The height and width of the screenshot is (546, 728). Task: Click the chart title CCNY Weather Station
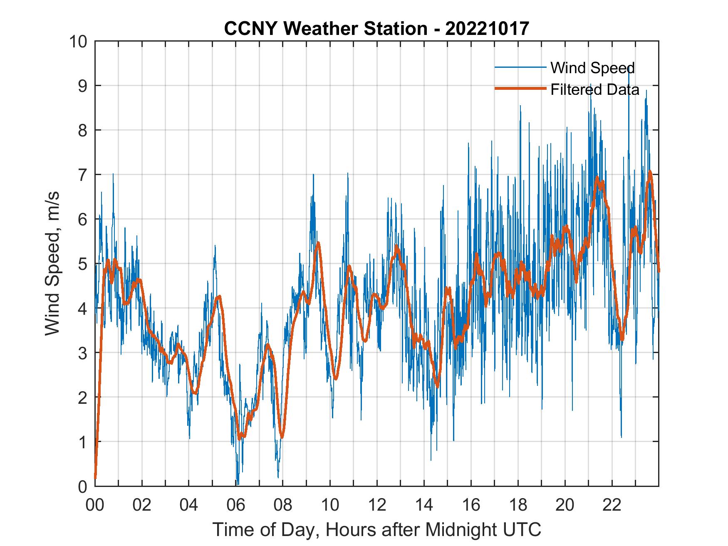(376, 29)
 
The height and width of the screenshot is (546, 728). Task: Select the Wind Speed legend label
(592, 68)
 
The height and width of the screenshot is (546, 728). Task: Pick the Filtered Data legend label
(594, 89)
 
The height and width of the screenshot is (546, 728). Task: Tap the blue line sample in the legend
(520, 67)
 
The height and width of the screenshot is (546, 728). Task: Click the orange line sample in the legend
(520, 89)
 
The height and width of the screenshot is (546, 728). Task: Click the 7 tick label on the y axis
(82, 175)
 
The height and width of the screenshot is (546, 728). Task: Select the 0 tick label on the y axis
(82, 486)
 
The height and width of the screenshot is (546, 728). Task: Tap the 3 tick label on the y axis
(82, 353)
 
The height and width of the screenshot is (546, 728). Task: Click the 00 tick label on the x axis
(95, 505)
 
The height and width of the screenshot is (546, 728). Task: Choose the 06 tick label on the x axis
(236, 505)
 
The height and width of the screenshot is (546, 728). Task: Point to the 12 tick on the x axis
(377, 505)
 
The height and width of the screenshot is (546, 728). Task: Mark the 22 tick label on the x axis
(612, 505)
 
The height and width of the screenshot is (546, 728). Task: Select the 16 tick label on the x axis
(471, 505)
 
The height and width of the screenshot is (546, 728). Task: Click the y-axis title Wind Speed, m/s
(52, 264)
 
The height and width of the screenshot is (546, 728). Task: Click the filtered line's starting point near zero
(95, 478)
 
